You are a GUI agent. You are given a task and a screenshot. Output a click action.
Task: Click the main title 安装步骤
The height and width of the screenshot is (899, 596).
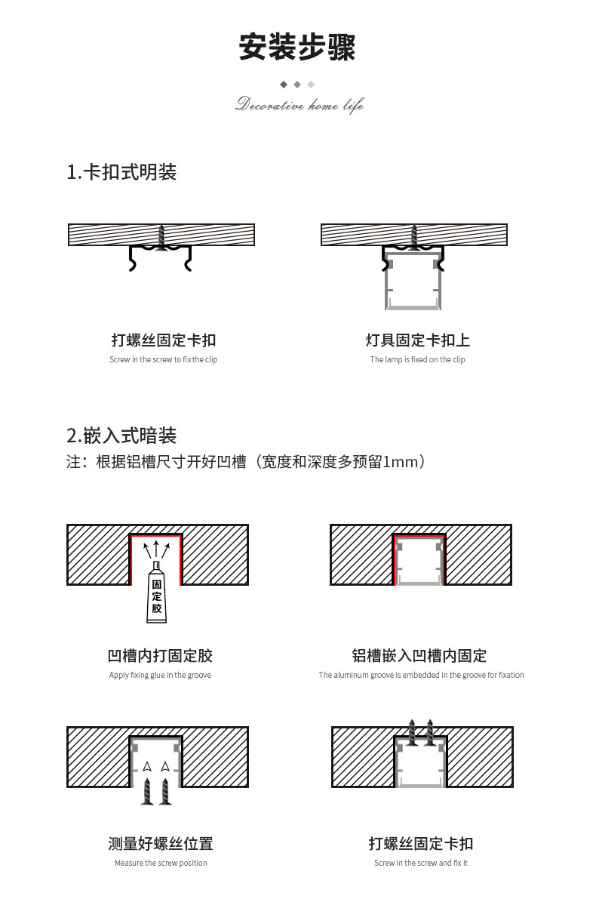[x=297, y=47]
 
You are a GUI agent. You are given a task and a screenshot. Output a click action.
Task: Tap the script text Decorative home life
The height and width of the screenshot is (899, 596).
[x=299, y=104]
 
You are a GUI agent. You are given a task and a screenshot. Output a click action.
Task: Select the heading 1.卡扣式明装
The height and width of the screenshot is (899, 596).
[x=121, y=172]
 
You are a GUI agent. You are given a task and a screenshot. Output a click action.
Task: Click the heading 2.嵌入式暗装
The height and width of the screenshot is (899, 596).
[x=121, y=436]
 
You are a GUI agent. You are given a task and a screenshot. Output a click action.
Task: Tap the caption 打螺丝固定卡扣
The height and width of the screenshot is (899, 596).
[x=163, y=340]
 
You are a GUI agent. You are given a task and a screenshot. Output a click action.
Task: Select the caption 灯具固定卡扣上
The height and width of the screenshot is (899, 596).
[x=417, y=340]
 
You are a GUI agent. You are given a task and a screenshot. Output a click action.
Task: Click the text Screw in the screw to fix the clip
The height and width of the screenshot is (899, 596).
[x=163, y=359]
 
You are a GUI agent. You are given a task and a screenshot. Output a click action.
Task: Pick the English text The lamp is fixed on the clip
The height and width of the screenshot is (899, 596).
[x=417, y=359]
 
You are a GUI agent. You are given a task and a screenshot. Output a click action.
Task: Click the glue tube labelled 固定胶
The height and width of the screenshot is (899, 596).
[x=156, y=594]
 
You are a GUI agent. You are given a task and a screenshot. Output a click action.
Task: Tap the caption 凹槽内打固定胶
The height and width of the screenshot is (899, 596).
[x=160, y=655]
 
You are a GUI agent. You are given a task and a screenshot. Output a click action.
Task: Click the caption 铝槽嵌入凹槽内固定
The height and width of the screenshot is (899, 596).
[x=419, y=655]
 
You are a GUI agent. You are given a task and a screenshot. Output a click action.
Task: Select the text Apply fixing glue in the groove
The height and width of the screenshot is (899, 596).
[x=160, y=675]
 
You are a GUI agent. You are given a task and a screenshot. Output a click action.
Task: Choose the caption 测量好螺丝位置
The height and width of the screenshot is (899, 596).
[x=160, y=843]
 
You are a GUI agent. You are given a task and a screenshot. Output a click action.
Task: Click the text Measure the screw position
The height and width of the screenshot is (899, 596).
[x=160, y=863]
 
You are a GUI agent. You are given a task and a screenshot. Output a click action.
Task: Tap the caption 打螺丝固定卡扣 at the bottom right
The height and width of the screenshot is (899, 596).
[x=420, y=843]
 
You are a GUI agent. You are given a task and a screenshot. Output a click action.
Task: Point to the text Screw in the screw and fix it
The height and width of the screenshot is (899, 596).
[x=420, y=863]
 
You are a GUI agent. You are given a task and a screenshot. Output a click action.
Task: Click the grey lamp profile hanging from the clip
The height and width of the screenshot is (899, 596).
[x=413, y=282]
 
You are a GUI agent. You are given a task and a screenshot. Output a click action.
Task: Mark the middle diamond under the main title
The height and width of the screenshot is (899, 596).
[x=297, y=85]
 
